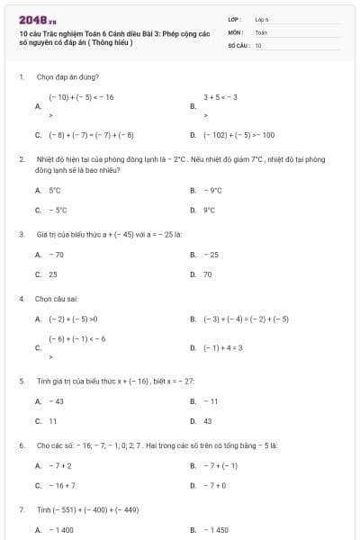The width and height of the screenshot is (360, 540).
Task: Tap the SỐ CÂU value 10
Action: (x=258, y=44)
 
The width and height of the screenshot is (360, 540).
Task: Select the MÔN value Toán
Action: (x=261, y=31)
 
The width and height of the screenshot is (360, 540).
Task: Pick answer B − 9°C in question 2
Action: (x=212, y=191)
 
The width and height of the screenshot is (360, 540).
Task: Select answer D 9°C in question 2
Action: (x=209, y=210)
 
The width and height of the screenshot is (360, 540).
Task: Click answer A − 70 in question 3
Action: (x=56, y=255)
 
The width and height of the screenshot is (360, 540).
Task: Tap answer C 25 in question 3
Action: (x=53, y=274)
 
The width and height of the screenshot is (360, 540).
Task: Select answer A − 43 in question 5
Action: (x=56, y=401)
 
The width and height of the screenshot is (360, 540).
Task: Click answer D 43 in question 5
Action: (x=207, y=420)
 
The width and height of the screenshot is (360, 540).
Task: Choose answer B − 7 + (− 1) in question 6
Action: (x=220, y=465)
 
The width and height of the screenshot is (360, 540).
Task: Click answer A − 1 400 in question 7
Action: (x=61, y=530)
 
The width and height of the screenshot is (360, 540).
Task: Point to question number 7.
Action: (x=21, y=509)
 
